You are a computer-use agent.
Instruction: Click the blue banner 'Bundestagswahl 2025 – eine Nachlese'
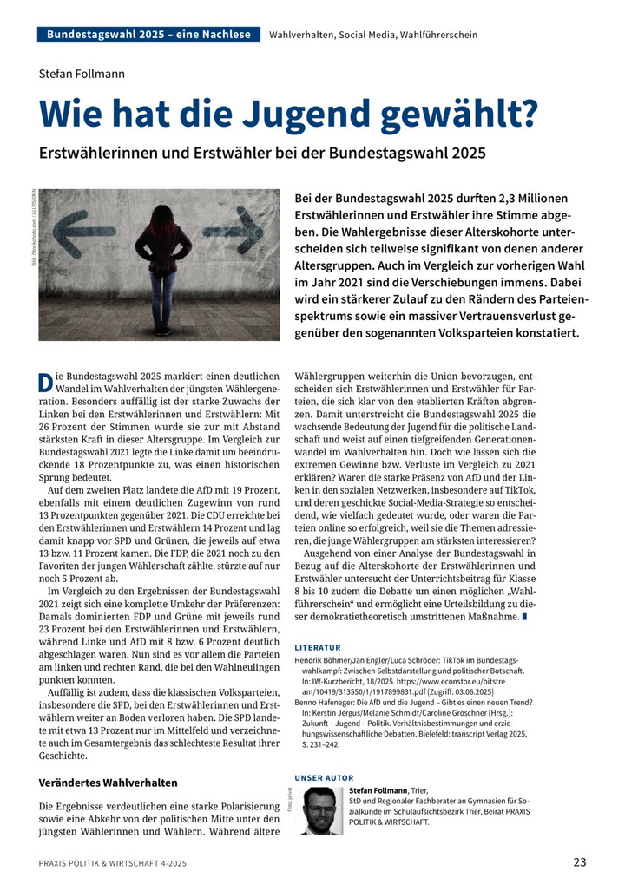pyautogui.click(x=148, y=35)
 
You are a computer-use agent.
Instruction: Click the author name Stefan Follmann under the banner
pyautogui.click(x=82, y=74)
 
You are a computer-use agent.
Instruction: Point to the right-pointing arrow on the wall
pyautogui.click(x=233, y=230)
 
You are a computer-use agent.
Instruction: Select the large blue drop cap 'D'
pyautogui.click(x=46, y=382)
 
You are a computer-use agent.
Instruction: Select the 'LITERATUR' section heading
pyautogui.click(x=318, y=647)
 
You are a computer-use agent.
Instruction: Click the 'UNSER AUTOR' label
pyautogui.click(x=325, y=778)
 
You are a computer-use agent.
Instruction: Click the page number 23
pyautogui.click(x=579, y=862)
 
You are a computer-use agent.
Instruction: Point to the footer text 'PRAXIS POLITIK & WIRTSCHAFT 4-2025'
pyautogui.click(x=112, y=863)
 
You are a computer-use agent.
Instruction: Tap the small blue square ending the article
pyautogui.click(x=525, y=616)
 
